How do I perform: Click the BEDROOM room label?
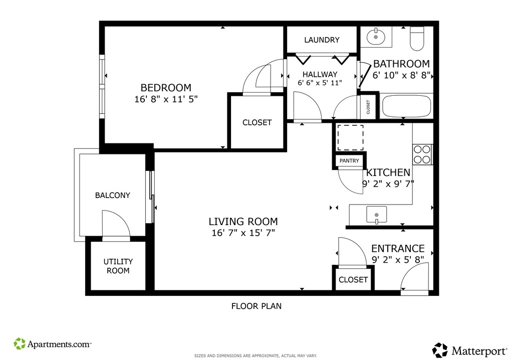point(166,88)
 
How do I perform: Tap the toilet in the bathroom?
point(417,38)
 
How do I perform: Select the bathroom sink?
point(376,37)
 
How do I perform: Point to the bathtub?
point(406,106)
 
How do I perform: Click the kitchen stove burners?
point(422,154)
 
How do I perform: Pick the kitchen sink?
point(377,215)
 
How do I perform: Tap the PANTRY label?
point(349,161)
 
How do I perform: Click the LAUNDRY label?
point(322,40)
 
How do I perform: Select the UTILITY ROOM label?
point(118,266)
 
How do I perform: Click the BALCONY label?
point(113,196)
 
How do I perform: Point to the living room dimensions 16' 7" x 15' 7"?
point(243,233)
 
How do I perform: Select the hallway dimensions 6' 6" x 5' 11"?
point(320,83)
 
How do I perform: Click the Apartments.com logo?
point(52,343)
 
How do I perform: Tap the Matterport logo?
point(469,350)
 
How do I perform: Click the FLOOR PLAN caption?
point(256,306)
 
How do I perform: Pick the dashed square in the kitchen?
point(350,138)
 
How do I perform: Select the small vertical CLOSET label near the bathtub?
point(368,107)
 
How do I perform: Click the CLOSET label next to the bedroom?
point(257,122)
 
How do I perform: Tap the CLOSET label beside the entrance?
point(353,280)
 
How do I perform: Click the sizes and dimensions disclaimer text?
point(255,356)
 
